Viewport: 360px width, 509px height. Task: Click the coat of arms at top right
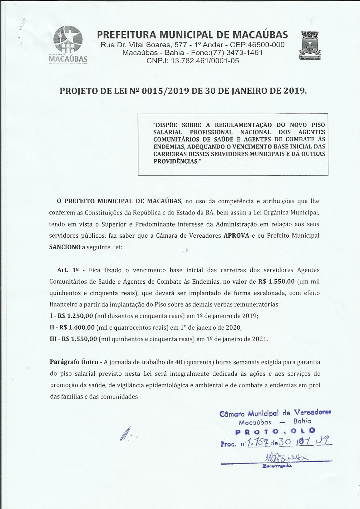tap(310, 45)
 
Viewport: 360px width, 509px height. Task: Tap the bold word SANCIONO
tap(65, 247)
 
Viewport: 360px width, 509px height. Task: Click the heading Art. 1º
tap(66, 270)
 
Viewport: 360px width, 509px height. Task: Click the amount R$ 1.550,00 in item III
tap(79, 339)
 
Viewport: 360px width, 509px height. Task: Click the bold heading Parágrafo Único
tap(74, 362)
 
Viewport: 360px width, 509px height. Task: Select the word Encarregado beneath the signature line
tap(277, 466)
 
